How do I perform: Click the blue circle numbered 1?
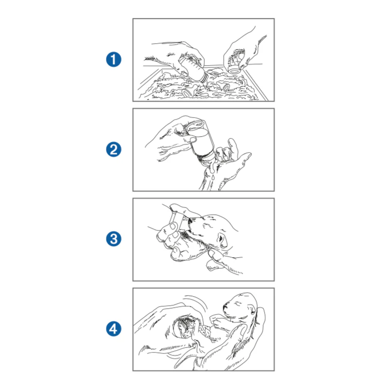[x=114, y=59]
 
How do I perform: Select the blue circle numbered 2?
[x=114, y=149]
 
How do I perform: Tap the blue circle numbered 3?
[x=114, y=239]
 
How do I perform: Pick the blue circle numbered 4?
[x=114, y=329]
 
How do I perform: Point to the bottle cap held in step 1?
[x=234, y=70]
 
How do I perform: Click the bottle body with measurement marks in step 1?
[x=191, y=67]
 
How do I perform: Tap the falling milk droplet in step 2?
[x=213, y=177]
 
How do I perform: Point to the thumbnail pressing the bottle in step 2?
[x=193, y=140]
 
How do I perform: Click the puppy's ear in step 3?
[x=222, y=240]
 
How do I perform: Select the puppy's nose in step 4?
[x=225, y=307]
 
